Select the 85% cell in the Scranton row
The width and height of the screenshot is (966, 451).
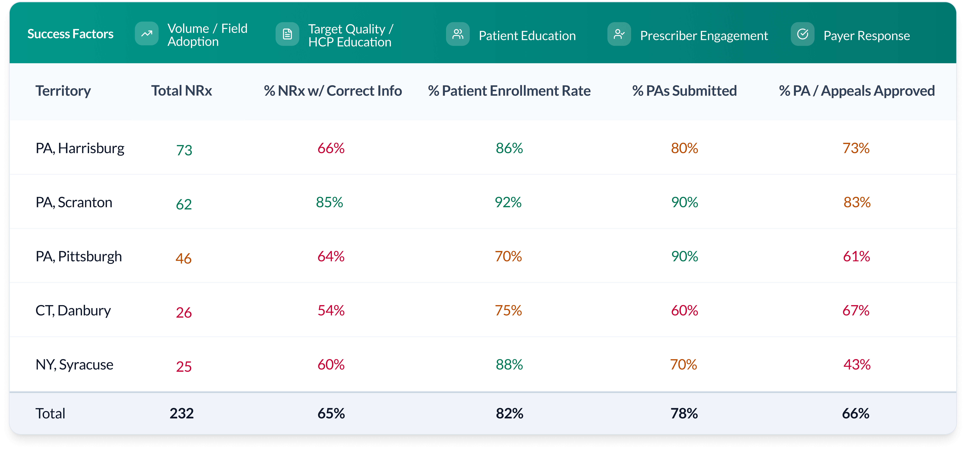click(x=329, y=202)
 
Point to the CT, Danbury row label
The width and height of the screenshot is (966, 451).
click(x=73, y=310)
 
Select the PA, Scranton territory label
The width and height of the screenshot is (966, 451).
click(x=74, y=202)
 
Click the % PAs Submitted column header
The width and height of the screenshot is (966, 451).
click(x=684, y=91)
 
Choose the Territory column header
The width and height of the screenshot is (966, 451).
click(x=63, y=91)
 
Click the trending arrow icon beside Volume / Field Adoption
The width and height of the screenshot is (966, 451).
click(x=147, y=34)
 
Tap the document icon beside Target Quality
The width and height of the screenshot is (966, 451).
click(x=287, y=34)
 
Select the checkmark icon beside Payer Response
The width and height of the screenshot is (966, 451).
click(x=802, y=34)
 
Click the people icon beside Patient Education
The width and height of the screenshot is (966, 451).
click(x=458, y=34)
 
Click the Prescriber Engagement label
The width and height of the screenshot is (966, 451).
click(x=704, y=36)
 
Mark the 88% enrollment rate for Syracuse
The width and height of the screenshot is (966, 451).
click(x=509, y=364)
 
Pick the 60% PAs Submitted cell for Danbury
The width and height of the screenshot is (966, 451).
click(x=684, y=310)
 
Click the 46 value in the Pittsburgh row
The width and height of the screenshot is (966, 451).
click(x=183, y=258)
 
